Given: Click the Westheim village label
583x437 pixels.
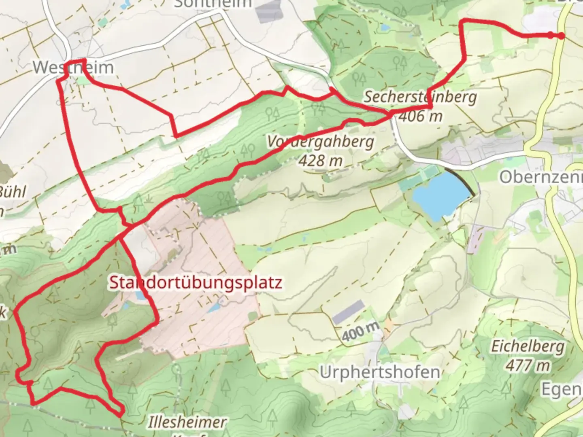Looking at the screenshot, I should (73, 67).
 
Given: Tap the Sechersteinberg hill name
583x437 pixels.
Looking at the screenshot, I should (420, 97).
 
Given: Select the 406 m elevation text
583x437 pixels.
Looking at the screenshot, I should (420, 117).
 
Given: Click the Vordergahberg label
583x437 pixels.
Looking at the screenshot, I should (320, 142).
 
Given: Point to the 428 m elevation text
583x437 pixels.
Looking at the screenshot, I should (320, 161).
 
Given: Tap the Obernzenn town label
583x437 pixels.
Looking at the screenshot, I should (540, 177).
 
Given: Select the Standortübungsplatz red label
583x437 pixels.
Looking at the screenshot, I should (196, 283).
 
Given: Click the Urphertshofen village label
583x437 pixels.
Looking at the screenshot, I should (379, 372).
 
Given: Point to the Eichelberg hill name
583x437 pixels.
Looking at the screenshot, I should (528, 347).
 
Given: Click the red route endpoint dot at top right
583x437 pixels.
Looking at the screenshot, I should (561, 36).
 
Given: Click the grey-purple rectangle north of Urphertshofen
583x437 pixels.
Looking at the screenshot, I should (348, 312).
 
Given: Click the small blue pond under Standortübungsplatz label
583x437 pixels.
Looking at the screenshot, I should (140, 295).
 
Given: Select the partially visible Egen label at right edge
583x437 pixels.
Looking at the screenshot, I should (562, 389).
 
